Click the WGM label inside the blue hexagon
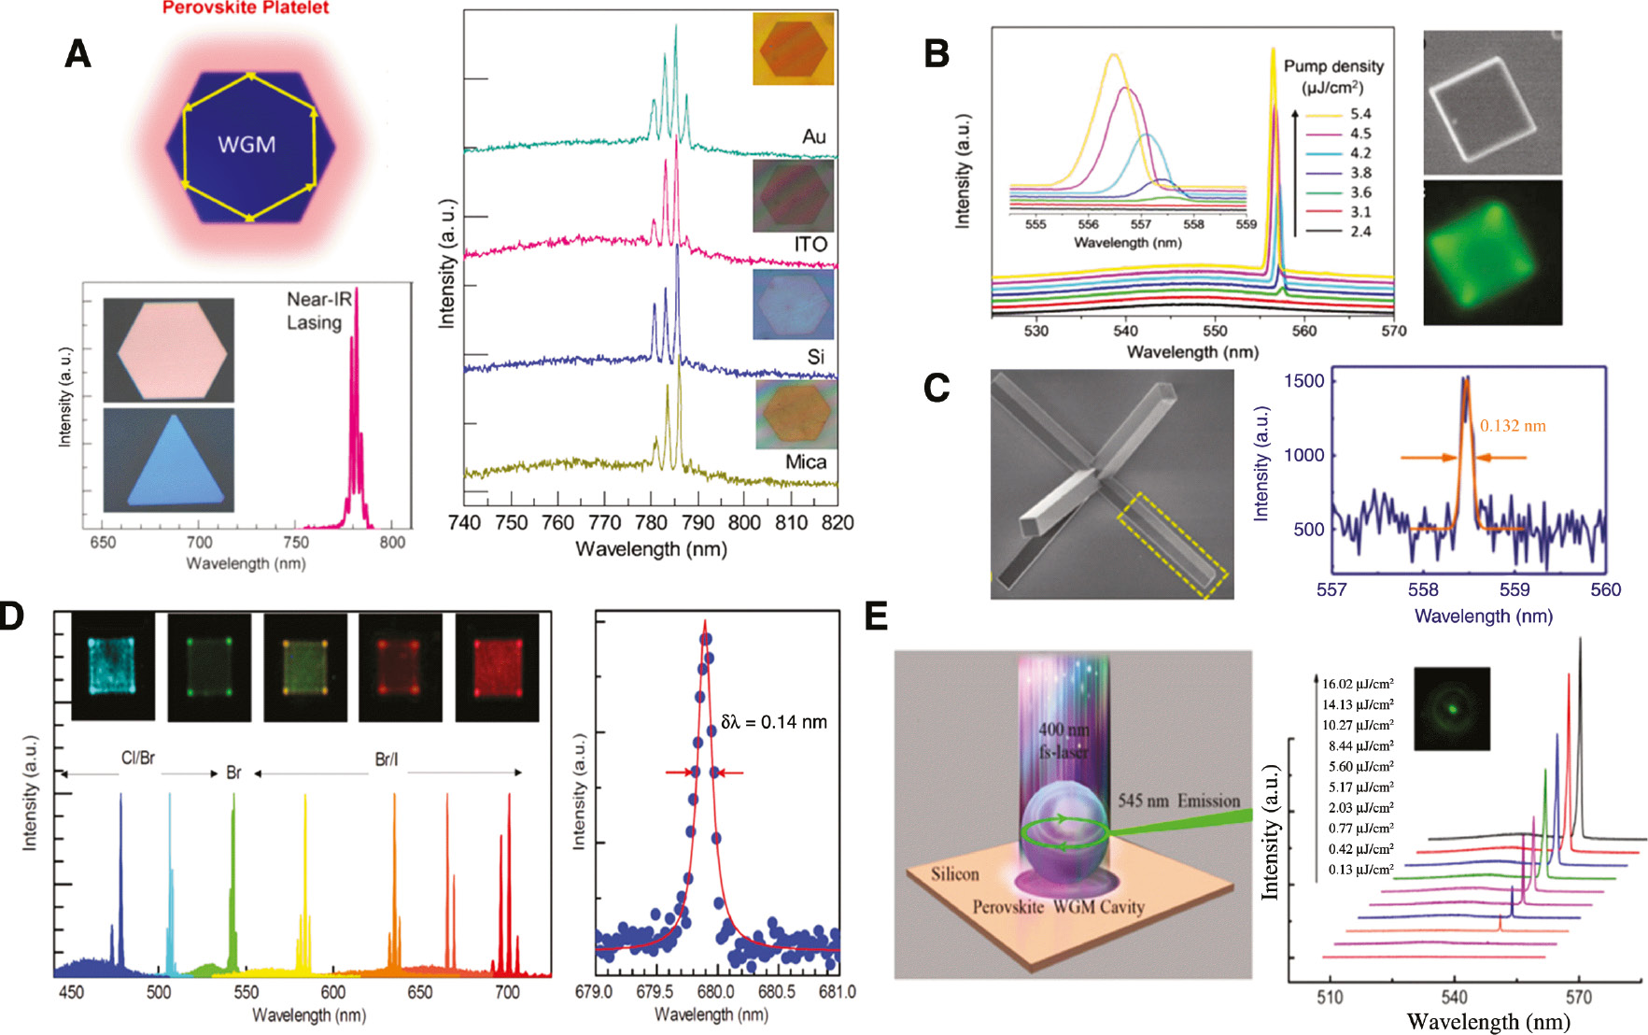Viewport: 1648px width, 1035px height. click(x=246, y=145)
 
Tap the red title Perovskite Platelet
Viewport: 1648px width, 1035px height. click(x=246, y=8)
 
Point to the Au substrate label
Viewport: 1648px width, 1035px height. click(x=813, y=137)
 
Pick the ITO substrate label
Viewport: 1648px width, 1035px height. click(x=810, y=245)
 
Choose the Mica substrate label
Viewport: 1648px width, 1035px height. click(x=805, y=462)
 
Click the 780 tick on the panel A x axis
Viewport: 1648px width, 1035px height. click(x=651, y=523)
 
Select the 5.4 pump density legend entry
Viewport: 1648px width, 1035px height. click(x=1359, y=114)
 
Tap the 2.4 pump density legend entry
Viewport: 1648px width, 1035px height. click(x=1359, y=232)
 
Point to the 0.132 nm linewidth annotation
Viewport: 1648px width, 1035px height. click(x=1513, y=426)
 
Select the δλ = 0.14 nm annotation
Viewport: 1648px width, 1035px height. click(x=773, y=722)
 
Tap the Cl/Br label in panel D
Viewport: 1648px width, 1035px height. click(x=138, y=759)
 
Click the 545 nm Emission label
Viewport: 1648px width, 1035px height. click(x=1178, y=801)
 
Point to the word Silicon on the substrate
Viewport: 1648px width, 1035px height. click(x=954, y=874)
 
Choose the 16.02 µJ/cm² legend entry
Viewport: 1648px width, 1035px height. click(x=1357, y=684)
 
